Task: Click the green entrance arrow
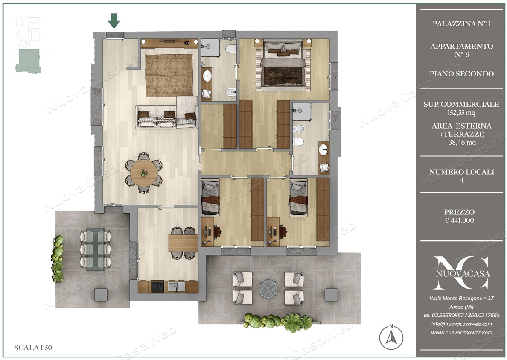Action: (114, 20)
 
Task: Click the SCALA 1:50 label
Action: (33, 348)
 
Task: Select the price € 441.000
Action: (459, 221)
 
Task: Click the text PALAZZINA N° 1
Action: (461, 23)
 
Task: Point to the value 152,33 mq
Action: (461, 113)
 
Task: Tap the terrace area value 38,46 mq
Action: (462, 142)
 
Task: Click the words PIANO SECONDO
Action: (461, 74)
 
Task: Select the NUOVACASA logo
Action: (462, 272)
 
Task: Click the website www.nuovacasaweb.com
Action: (461, 332)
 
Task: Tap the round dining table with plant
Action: (143, 173)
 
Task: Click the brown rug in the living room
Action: (169, 76)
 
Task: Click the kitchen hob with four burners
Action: (157, 287)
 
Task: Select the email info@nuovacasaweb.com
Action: (461, 323)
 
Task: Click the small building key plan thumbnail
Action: (29, 45)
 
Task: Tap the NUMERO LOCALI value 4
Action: (461, 180)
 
